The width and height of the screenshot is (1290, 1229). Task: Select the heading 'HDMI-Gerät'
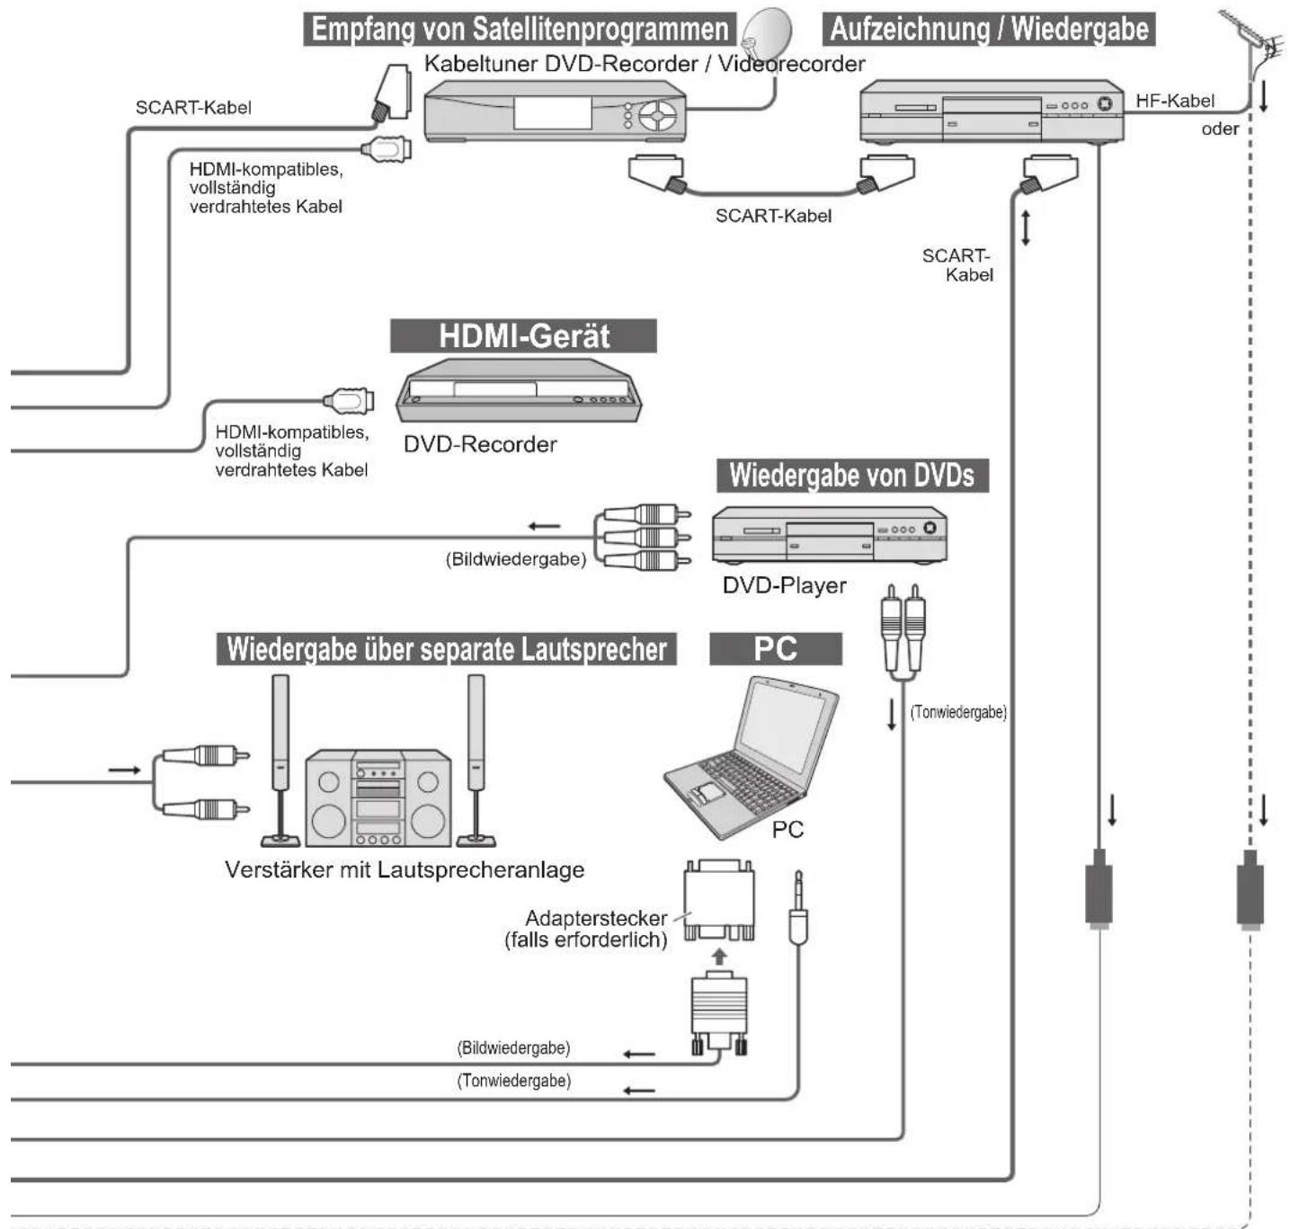[x=523, y=336]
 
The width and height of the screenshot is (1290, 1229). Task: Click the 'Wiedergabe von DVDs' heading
[x=852, y=476]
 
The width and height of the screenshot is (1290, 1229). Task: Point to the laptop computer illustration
[x=752, y=757]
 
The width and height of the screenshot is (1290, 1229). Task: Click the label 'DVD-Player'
[x=784, y=584]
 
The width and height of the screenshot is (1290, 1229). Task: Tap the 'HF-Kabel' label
[x=1175, y=101]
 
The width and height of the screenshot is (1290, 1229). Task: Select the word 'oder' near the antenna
[x=1220, y=129]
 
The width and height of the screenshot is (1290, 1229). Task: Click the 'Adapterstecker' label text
[x=596, y=918]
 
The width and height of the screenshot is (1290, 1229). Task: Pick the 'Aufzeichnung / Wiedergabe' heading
[x=989, y=30]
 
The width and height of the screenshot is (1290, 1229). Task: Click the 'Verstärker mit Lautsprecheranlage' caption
[x=405, y=869]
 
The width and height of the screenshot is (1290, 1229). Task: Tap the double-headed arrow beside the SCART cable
[x=1026, y=227]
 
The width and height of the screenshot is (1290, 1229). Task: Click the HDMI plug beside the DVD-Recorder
[x=349, y=400]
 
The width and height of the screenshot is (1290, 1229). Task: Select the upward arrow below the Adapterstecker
[x=719, y=956]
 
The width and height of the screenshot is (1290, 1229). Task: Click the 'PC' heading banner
[x=776, y=649]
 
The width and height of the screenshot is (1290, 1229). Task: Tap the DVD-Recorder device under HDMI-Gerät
[x=519, y=391]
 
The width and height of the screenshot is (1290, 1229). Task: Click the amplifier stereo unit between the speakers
[x=378, y=797]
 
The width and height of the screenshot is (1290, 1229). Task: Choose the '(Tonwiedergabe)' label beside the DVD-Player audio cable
[x=958, y=713]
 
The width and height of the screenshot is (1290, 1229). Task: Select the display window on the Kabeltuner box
[x=553, y=113]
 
